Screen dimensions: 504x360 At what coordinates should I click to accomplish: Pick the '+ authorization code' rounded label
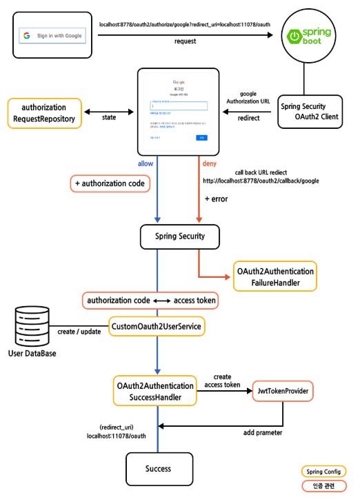(x=110, y=183)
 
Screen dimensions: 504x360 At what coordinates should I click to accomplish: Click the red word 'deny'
(x=209, y=163)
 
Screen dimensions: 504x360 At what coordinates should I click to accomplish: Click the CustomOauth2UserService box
(x=158, y=325)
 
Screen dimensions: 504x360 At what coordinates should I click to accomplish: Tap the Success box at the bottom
(x=158, y=469)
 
